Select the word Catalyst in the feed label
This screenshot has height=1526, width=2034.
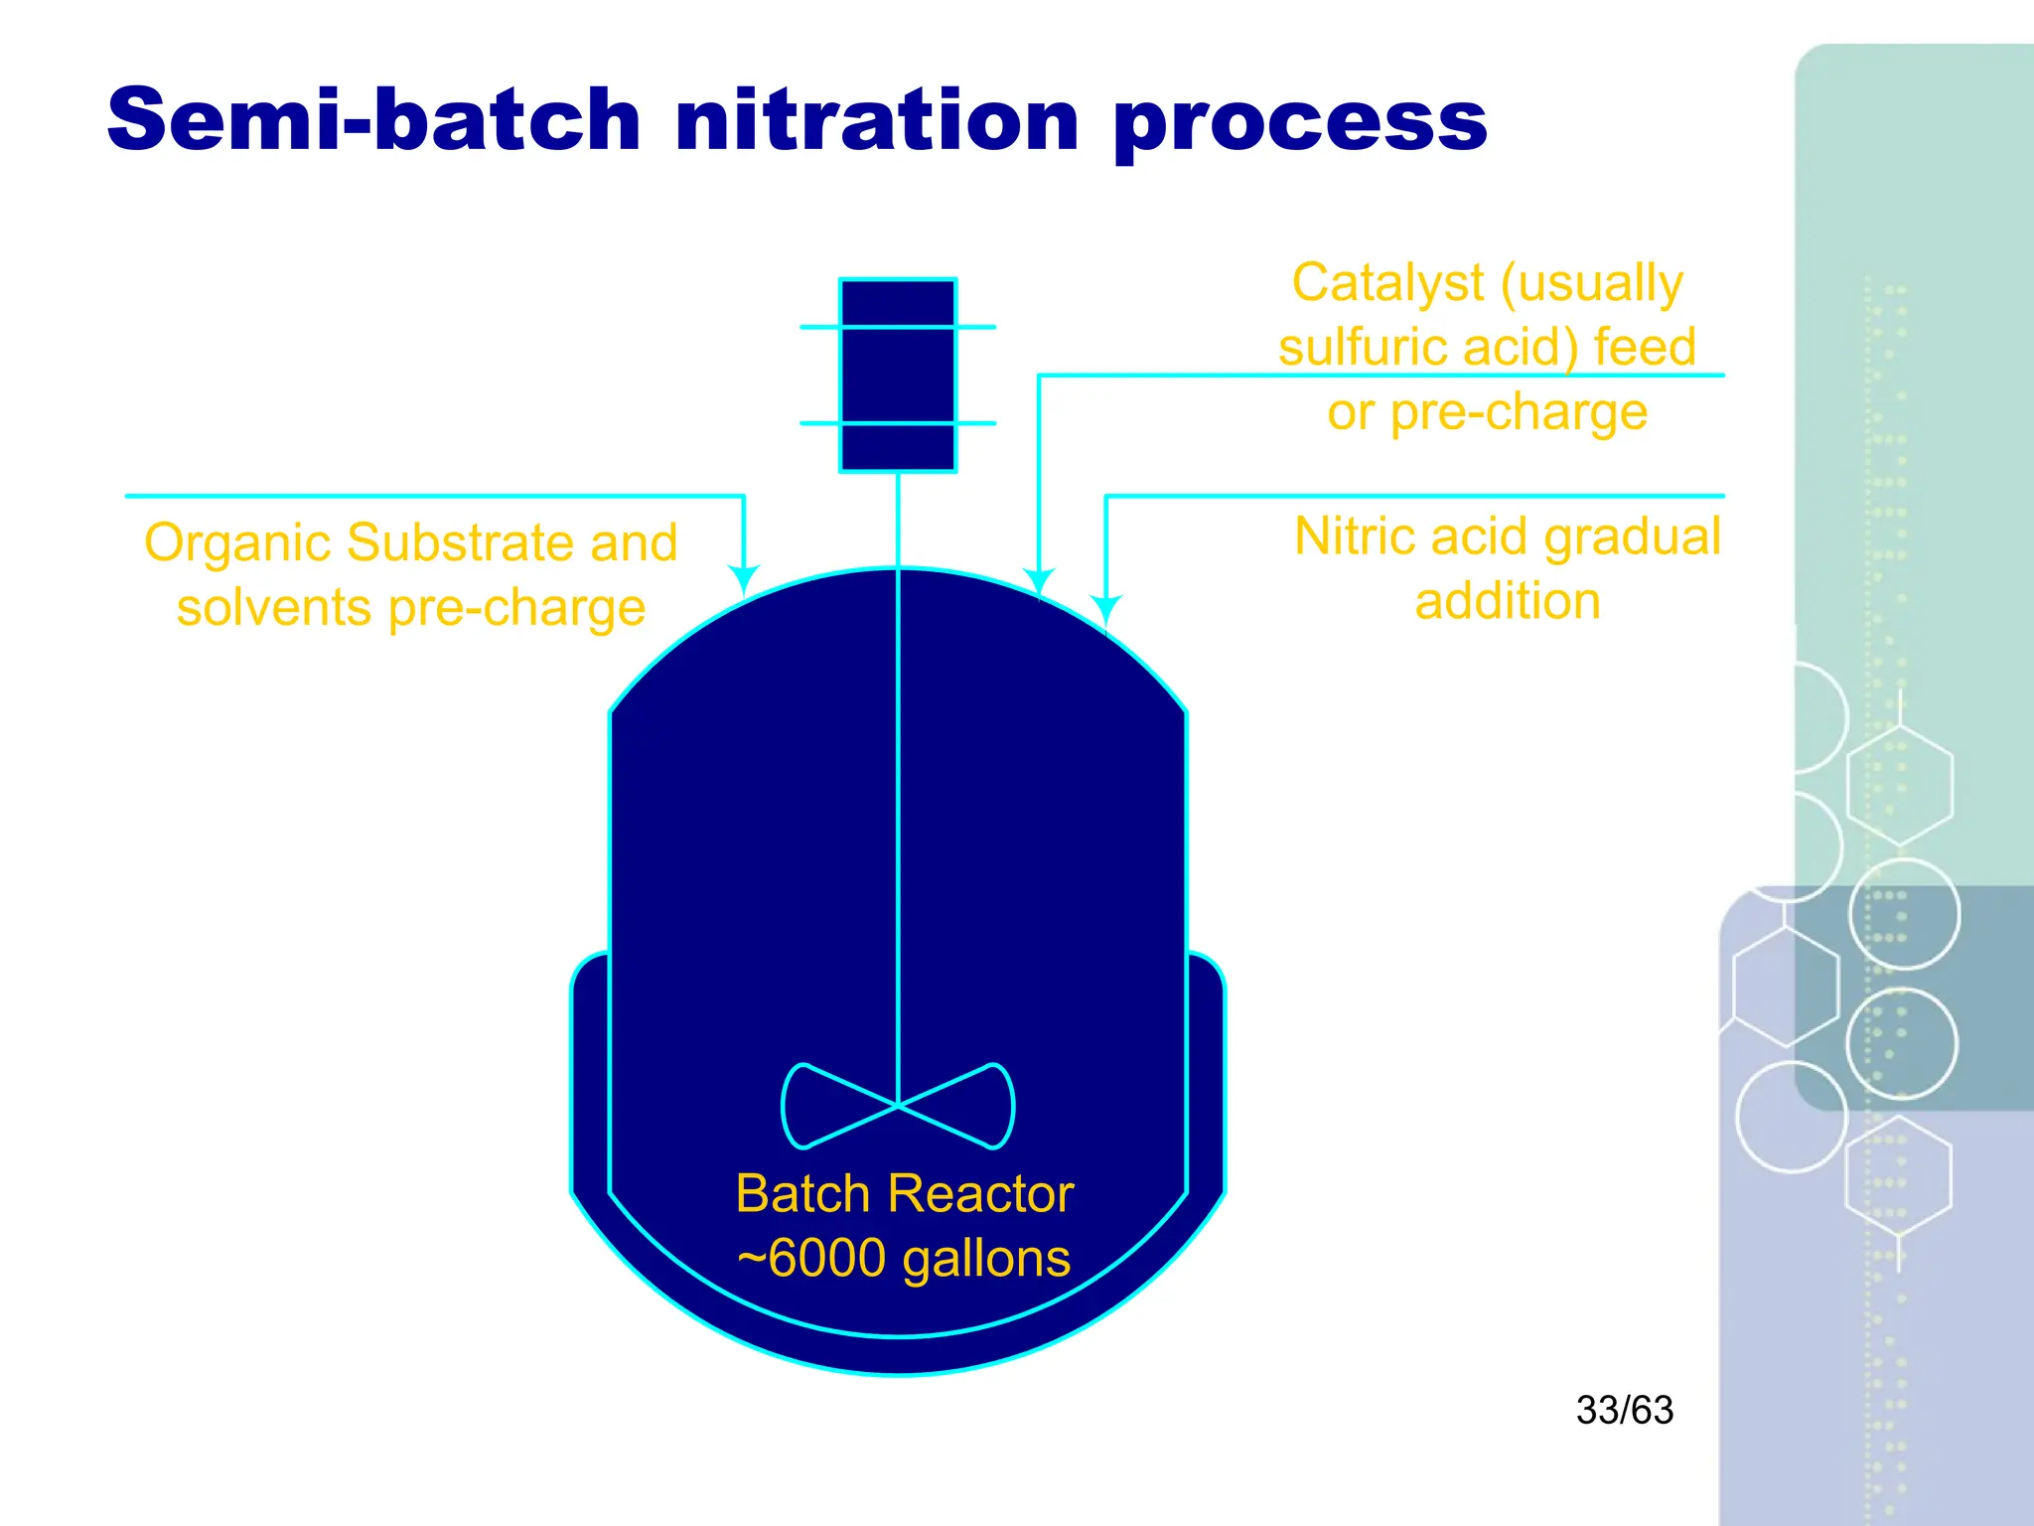tap(1387, 283)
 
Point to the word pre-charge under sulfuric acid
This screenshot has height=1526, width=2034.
tap(1519, 413)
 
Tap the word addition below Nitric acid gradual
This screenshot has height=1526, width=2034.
tap(1508, 602)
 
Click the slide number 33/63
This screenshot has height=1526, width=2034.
tap(1625, 1411)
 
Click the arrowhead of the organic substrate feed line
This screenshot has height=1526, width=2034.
tap(744, 579)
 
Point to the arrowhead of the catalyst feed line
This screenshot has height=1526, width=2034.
tap(1039, 582)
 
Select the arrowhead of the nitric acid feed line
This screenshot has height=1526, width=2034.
tap(1105, 608)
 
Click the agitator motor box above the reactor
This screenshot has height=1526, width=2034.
tap(898, 375)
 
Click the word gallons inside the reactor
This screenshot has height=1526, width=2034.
tap(986, 1259)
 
